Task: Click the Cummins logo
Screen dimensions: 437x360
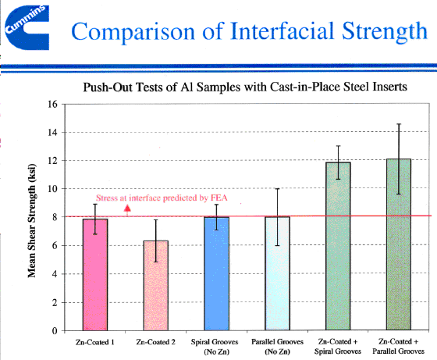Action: point(27,28)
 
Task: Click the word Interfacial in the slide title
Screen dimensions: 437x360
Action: point(282,31)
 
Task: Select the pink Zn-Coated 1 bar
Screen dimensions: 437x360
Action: point(95,274)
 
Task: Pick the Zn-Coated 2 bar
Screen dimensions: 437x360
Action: point(156,286)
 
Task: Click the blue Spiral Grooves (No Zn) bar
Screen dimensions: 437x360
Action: point(217,273)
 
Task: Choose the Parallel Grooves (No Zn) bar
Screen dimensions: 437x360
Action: point(277,273)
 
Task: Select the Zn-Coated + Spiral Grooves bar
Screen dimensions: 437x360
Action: point(338,246)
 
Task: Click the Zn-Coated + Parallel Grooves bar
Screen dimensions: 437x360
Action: point(399,244)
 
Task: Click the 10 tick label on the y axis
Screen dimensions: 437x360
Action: point(53,189)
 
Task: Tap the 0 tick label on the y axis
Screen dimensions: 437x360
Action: point(55,331)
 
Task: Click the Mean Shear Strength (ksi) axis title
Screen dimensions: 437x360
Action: point(32,221)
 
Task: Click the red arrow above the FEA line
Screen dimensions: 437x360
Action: point(127,211)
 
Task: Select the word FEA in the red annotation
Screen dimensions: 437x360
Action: point(218,198)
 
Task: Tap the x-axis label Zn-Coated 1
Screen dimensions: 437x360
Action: point(95,342)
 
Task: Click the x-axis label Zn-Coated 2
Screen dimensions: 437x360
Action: point(156,342)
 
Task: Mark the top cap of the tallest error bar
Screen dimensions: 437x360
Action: point(399,124)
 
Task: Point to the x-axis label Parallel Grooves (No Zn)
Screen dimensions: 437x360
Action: point(277,347)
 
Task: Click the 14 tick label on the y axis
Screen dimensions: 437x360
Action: point(53,133)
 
